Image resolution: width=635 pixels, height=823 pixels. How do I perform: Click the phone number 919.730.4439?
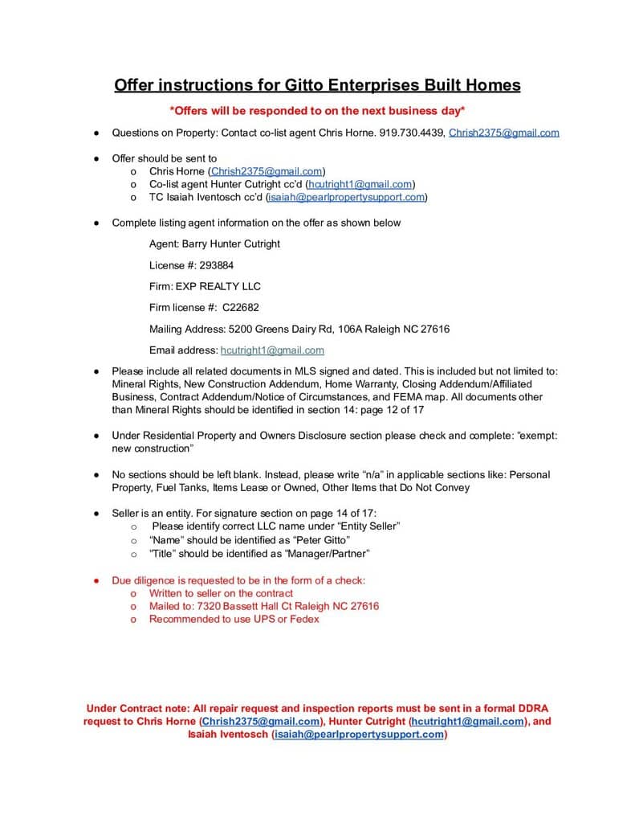point(412,133)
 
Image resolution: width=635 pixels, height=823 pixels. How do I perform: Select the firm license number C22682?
point(241,308)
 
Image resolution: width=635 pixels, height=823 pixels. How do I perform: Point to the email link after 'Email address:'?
point(272,350)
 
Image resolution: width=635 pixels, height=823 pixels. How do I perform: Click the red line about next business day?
point(317,110)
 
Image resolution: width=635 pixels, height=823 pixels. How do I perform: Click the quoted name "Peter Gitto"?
point(321,540)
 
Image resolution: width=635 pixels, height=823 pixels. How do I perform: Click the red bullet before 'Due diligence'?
point(95,580)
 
